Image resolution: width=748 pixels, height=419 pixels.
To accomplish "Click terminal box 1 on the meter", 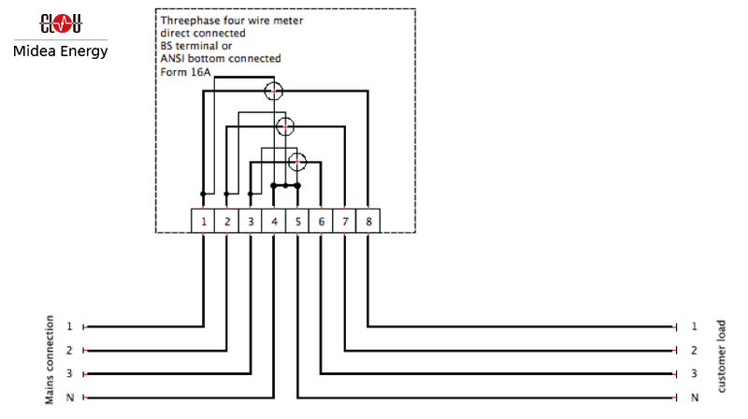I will click(204, 222).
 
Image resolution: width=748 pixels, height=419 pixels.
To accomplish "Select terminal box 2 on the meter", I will click(227, 222).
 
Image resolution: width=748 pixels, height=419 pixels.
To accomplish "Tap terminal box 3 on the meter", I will click(251, 222).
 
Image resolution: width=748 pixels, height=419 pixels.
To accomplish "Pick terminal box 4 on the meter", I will click(274, 222).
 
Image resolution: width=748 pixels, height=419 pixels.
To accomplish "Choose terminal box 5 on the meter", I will click(297, 222).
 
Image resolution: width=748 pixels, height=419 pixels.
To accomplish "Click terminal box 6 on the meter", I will click(321, 222).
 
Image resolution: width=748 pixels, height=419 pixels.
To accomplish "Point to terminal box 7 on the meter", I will click(345, 222).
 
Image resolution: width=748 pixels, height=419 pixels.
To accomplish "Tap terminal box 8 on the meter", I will click(368, 222).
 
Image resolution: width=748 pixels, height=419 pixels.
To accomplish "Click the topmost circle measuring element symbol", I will click(273, 91).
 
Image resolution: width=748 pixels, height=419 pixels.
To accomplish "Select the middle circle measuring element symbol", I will click(285, 125).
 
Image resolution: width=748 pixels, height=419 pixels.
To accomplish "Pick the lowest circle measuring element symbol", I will click(297, 161).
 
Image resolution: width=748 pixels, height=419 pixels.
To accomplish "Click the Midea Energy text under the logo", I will click(61, 51).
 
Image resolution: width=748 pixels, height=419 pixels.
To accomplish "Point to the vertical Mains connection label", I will click(50, 360).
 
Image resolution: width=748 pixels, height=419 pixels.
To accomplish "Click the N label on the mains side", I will click(69, 397).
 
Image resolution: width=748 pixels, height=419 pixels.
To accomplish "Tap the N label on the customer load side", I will click(694, 397).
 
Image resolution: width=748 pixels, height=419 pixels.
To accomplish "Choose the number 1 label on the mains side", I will click(69, 326).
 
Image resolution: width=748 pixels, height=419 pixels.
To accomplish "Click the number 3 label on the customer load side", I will click(694, 374).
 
